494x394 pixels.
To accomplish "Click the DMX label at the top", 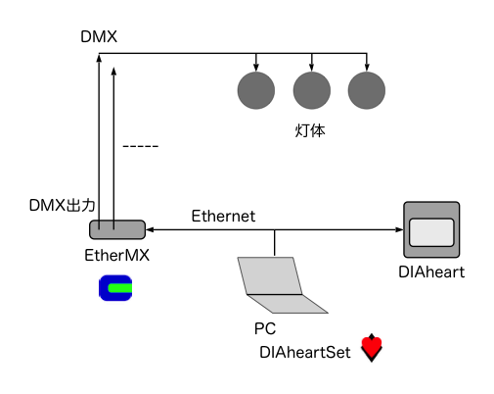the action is click(99, 36).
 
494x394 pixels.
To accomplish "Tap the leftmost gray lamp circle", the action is click(256, 90).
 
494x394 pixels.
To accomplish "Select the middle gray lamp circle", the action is click(312, 90).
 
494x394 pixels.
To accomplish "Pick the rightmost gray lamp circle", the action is click(367, 90).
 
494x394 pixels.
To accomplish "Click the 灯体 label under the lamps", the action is click(310, 130).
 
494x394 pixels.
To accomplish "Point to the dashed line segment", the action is click(141, 146).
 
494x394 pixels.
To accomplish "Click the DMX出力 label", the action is click(62, 206).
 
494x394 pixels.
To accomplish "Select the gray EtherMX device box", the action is click(117, 229).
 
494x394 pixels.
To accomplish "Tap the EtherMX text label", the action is click(116, 255).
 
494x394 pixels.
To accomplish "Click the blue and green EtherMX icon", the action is click(115, 288).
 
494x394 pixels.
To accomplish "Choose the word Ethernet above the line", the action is click(223, 216).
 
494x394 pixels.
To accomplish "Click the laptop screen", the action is click(270, 275).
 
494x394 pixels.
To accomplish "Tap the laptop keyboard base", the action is click(288, 304).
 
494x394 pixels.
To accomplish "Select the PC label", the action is click(265, 328).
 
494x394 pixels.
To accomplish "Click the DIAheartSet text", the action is click(305, 353).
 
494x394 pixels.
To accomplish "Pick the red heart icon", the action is click(372, 348).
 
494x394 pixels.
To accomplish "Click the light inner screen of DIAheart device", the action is click(431, 232).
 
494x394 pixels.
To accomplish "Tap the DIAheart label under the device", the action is click(431, 272).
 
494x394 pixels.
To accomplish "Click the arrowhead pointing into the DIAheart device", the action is click(399, 229).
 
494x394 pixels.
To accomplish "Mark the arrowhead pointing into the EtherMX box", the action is click(150, 229).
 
